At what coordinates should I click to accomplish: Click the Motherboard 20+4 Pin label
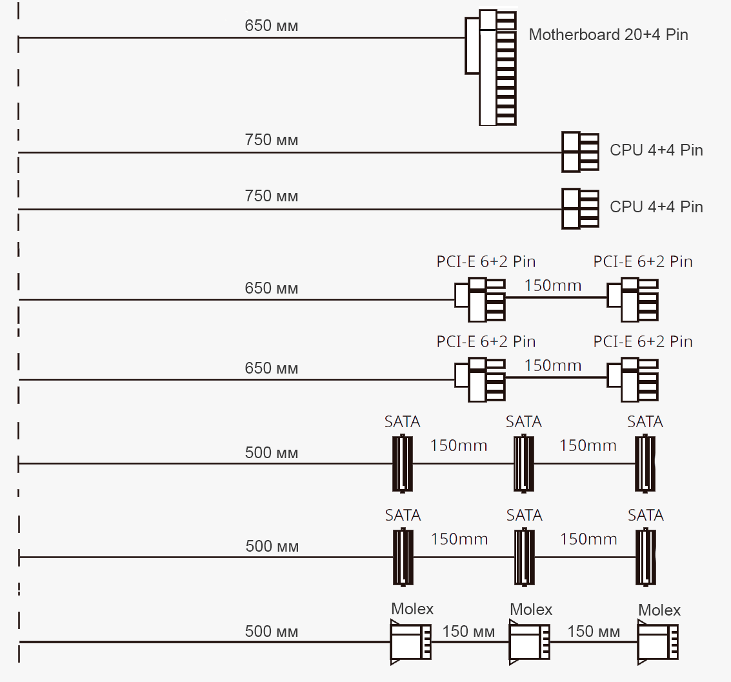click(608, 35)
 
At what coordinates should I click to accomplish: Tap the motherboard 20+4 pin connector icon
click(492, 67)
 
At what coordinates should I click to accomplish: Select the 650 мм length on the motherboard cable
click(272, 26)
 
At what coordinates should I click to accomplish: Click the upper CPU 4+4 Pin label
click(656, 151)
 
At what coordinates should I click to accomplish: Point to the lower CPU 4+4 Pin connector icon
click(580, 208)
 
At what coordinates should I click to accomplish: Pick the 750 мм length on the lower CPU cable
click(272, 196)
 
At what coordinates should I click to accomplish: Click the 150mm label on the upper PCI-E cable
click(553, 285)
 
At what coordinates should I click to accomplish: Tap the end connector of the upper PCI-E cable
click(633, 299)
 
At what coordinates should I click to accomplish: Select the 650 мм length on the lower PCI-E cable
click(272, 368)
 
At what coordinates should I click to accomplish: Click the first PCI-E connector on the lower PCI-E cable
click(480, 379)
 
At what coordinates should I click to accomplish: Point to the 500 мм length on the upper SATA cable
click(272, 453)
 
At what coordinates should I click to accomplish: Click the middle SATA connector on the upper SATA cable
click(523, 463)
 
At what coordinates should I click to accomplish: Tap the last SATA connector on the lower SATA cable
click(645, 557)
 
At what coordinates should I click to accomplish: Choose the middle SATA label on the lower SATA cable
click(524, 516)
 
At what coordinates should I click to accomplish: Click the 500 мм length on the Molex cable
click(272, 632)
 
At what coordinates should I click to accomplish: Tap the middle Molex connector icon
click(530, 642)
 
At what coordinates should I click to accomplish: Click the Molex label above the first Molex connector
click(412, 609)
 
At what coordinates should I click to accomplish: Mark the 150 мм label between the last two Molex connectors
click(594, 632)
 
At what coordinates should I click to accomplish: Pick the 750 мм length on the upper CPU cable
click(272, 140)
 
